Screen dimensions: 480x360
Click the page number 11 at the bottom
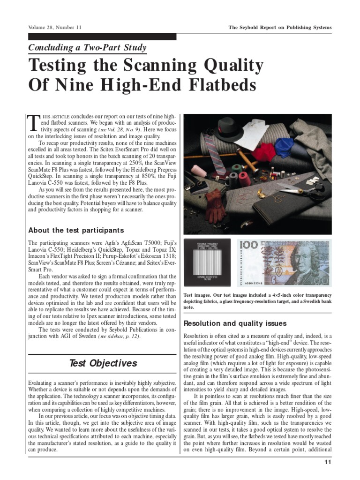coord(328,463)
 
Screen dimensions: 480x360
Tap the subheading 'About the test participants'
coord(76,230)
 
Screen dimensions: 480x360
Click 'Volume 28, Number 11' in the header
coord(55,28)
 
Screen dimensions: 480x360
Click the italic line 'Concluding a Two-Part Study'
coord(88,47)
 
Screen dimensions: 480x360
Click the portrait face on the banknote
coord(307,260)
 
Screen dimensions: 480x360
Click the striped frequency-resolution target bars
coord(206,262)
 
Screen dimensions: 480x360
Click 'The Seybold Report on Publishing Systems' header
coord(279,28)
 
